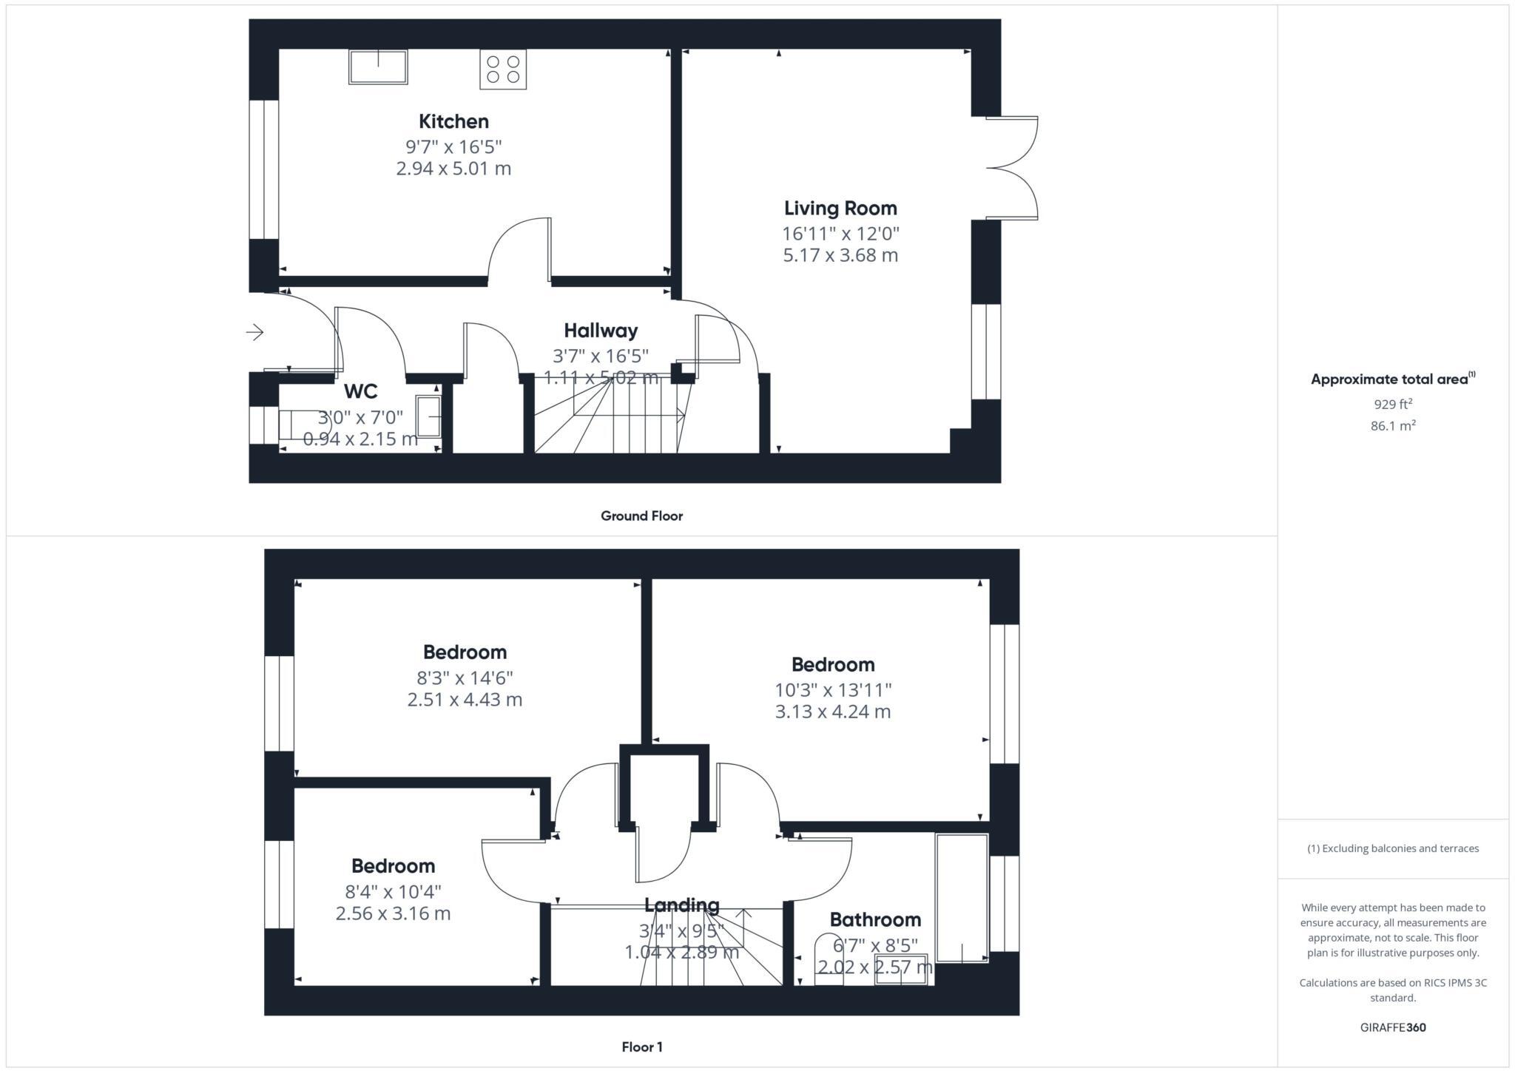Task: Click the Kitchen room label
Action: (453, 121)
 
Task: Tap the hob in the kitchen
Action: (503, 70)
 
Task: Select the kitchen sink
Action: (378, 67)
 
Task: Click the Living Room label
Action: (840, 209)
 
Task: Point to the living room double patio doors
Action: (1013, 168)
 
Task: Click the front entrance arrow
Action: (255, 333)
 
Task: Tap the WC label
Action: (361, 391)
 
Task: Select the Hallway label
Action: (601, 331)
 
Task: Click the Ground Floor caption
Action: (641, 516)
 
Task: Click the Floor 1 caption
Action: (641, 1047)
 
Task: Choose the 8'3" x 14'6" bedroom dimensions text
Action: (465, 678)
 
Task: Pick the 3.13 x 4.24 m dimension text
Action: (833, 712)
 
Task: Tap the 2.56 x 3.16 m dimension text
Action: (393, 913)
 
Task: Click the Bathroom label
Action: (875, 920)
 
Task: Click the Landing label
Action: (681, 905)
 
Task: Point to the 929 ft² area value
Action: (1393, 404)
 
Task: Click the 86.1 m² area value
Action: (1393, 426)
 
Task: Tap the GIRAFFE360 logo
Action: (1393, 1027)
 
